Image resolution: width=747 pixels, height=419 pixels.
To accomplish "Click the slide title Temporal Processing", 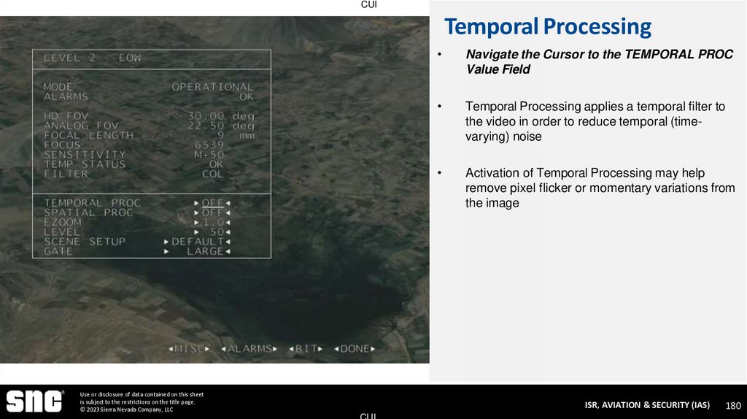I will point(548,27).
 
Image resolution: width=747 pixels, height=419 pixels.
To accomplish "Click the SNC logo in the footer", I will point(34,401).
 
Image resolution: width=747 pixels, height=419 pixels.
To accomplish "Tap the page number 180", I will point(733,405).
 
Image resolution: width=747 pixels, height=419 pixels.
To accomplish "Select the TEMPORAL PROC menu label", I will point(93,203).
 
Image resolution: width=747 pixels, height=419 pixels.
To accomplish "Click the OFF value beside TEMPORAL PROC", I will point(212,203).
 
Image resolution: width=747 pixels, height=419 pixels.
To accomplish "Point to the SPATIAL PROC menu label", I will point(89,212).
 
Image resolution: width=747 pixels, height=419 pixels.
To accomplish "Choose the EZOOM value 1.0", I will point(212,222).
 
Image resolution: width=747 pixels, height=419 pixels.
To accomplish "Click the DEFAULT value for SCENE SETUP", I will point(198,241).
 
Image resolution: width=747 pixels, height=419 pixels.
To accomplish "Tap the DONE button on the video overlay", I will point(355,349).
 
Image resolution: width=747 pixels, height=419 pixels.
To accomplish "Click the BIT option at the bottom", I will point(306,349).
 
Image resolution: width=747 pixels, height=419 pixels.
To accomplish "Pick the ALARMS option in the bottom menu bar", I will point(249,349).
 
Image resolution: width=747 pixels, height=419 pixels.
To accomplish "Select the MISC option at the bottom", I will point(190,349).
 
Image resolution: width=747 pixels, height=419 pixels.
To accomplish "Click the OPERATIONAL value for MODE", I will point(212,87).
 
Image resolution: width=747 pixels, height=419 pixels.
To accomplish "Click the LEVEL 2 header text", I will point(93,58).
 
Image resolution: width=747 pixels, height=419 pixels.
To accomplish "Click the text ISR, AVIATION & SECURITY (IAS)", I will point(647,405).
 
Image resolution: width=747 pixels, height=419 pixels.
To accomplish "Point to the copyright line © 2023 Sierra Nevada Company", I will point(127,410).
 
